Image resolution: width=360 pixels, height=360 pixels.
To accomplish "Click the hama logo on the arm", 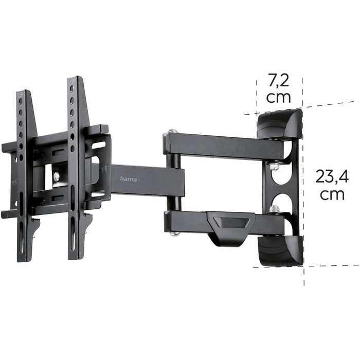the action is tap(128, 179).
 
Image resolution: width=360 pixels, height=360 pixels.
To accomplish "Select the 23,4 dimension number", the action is tap(332, 176).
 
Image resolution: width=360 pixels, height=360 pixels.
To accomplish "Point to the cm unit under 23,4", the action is tap(332, 195).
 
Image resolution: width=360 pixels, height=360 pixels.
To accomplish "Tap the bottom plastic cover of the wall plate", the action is tap(281, 251).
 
